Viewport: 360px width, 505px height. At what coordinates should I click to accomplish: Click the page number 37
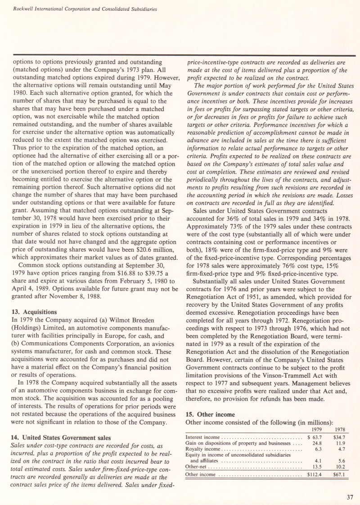(350, 496)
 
